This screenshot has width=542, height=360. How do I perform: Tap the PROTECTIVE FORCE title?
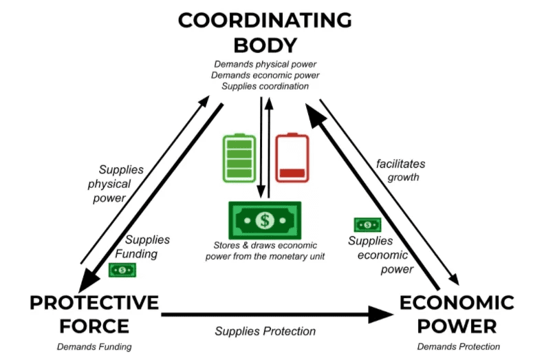click(94, 313)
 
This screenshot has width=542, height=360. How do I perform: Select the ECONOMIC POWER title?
click(457, 313)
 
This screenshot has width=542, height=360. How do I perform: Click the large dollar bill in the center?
click(265, 220)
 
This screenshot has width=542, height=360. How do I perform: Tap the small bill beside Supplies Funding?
click(122, 270)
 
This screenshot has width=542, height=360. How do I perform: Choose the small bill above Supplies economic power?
click(367, 224)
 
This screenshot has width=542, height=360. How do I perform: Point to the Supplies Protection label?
click(265, 331)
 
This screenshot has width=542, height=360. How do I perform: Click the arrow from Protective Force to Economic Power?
click(275, 315)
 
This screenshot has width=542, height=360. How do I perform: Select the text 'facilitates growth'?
click(400, 170)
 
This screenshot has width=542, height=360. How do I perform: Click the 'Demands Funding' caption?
click(94, 346)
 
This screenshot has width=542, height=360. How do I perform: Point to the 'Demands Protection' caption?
click(458, 346)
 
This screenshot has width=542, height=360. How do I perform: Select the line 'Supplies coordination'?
click(265, 87)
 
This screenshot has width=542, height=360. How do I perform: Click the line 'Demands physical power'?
click(265, 65)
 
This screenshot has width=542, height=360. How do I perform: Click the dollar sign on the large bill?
click(265, 220)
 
